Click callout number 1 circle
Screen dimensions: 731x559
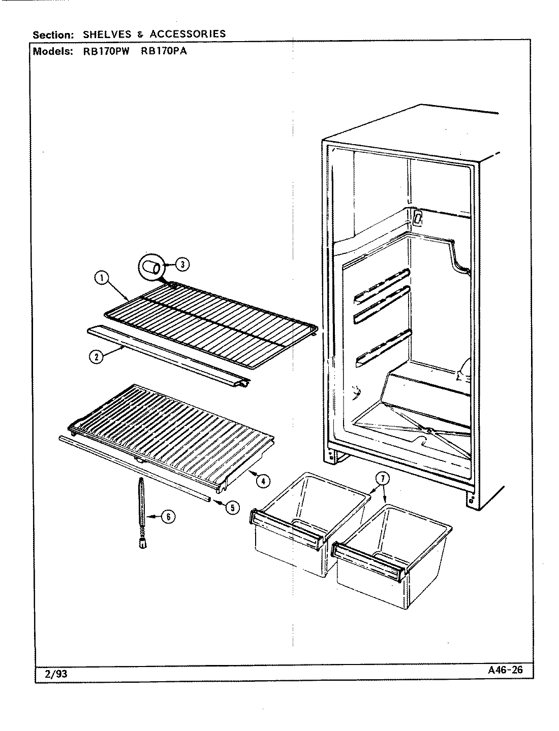(x=102, y=278)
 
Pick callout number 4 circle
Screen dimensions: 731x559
(x=262, y=480)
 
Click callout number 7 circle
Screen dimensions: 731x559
(x=382, y=478)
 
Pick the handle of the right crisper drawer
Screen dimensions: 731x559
(x=369, y=561)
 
